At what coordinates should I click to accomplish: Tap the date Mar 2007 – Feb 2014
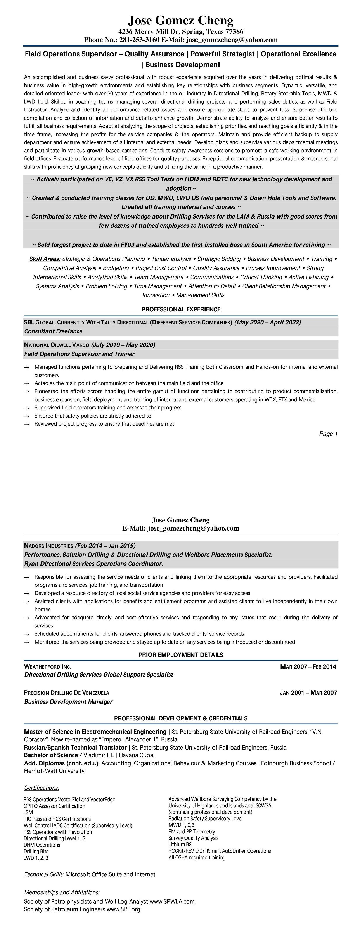click(x=308, y=666)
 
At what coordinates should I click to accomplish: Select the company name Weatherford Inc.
click(x=48, y=666)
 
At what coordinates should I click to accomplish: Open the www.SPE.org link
click(x=123, y=909)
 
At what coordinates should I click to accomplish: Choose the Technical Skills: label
click(x=44, y=874)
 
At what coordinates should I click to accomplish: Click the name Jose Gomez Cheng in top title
click(x=181, y=20)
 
